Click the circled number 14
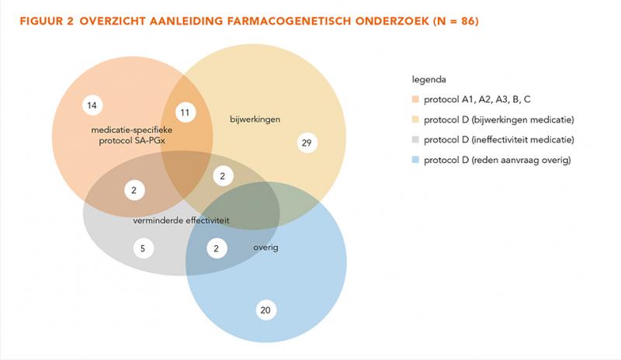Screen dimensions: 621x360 pos(92,106)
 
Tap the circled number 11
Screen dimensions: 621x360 pos(185,112)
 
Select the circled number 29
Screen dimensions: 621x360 pos(307,143)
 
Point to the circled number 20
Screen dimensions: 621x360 pos(265,310)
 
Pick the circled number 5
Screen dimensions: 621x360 pos(143,249)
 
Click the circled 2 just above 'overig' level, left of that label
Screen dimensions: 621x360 pos(217,249)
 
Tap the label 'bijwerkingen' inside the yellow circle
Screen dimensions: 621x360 pos(255,119)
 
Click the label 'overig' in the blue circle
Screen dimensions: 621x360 pos(265,247)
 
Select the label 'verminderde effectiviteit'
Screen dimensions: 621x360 pos(181,220)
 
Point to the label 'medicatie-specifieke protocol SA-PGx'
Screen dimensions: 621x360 pos(132,136)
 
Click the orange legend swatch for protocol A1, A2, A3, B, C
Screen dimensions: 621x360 pos(415,99)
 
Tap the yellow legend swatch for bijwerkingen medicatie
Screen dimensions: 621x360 pos(415,119)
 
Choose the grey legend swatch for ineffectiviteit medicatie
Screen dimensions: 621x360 pos(415,140)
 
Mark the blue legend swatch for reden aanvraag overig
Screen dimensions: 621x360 pos(415,160)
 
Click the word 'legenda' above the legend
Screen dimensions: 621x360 pos(429,80)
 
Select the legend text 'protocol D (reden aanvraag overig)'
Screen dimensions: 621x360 pos(498,160)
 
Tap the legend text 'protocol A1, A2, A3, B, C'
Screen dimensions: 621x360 pos(477,99)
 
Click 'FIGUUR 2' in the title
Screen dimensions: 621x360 pos(47,21)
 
